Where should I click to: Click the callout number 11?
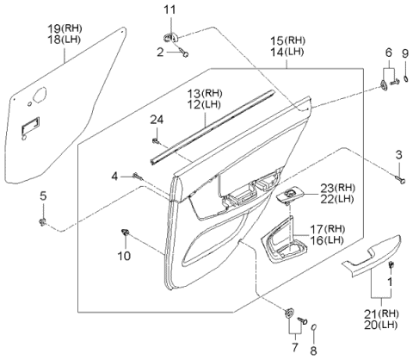click(x=170, y=9)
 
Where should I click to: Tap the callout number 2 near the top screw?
click(x=159, y=52)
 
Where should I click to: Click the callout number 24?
click(x=156, y=119)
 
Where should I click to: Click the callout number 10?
click(x=124, y=257)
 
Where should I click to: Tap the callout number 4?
click(x=114, y=177)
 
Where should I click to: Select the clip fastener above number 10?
click(x=126, y=232)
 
